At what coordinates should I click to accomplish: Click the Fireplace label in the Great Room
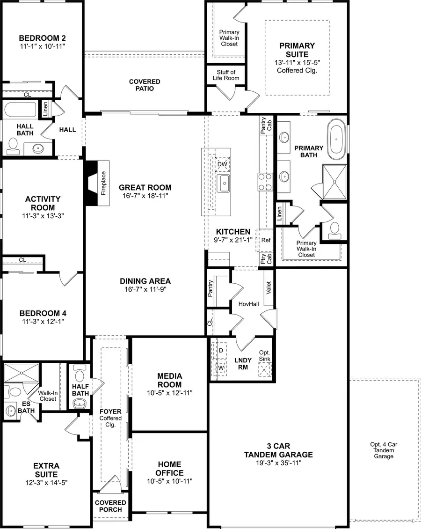click(103, 183)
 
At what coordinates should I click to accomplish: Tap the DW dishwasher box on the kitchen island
click(222, 164)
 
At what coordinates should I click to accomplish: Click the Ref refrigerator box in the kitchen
click(266, 240)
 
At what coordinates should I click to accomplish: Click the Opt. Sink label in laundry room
click(265, 356)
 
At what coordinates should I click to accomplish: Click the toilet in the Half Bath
click(80, 375)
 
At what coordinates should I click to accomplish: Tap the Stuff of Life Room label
click(226, 75)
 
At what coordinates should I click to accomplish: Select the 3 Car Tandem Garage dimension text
click(278, 463)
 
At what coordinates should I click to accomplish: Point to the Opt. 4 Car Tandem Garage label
click(384, 450)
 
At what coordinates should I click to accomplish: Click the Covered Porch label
click(111, 506)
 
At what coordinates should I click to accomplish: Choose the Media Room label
click(169, 380)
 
